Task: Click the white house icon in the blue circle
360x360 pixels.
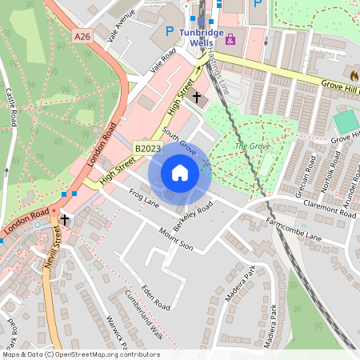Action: [180, 173]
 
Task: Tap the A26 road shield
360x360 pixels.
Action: [82, 36]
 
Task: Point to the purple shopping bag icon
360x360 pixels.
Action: [231, 38]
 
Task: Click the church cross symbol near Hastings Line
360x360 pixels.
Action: [197, 98]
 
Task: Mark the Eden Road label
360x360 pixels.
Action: [151, 295]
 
